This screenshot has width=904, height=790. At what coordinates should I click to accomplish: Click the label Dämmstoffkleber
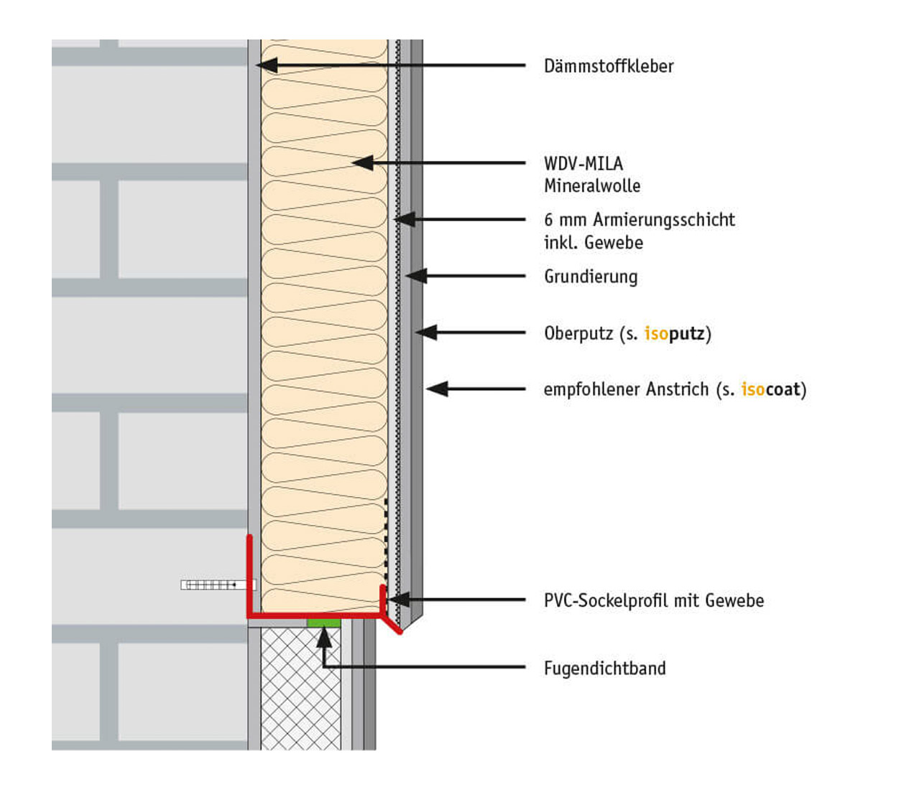coord(608,66)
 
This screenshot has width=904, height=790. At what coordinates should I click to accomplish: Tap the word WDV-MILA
coord(583,164)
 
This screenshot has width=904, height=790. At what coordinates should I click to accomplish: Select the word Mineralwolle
coord(591,186)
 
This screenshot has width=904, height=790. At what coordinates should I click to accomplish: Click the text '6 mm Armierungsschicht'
coord(639,220)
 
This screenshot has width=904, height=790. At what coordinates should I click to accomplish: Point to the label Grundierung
coord(590,276)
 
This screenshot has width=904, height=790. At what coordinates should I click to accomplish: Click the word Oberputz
coord(578,333)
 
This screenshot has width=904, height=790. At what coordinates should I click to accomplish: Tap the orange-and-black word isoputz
coord(674,333)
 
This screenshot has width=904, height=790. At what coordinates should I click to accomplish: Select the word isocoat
coord(770,389)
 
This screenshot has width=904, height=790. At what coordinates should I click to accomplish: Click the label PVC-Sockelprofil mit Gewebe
coord(653,600)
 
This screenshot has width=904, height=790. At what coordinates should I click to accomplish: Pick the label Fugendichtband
coord(604,669)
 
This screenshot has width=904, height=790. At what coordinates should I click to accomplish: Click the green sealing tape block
coord(323,622)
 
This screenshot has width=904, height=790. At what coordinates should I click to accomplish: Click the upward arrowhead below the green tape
coord(324,637)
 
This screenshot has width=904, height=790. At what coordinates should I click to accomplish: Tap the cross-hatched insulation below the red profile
coord(300,689)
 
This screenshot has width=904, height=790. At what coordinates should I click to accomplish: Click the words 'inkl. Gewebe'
coord(593,243)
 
